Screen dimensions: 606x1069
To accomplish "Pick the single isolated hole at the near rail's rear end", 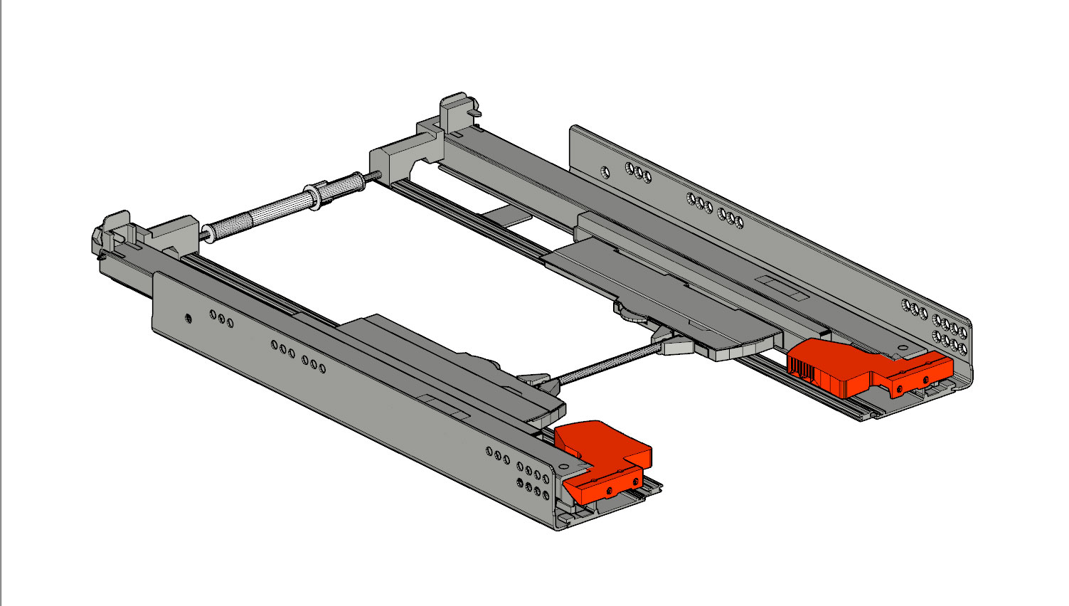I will click(188, 318).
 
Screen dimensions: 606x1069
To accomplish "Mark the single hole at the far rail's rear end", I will click(604, 172).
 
